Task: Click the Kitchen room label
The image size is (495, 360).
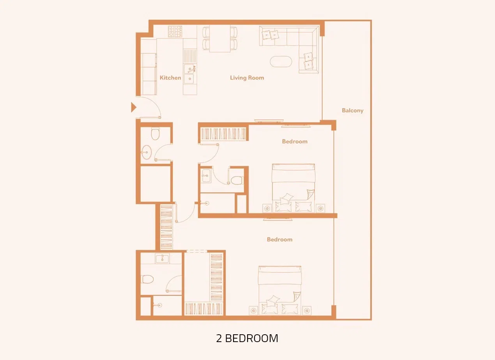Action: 170,78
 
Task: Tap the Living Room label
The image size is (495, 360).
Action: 247,78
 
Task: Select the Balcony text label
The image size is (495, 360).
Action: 352,111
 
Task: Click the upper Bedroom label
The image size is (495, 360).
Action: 295,141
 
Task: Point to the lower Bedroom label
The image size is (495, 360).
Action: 279,240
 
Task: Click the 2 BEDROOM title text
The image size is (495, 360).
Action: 247,338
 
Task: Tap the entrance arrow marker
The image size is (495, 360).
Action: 133,107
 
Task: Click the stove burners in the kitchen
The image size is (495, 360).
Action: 175,31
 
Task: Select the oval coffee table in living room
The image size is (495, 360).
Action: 281,62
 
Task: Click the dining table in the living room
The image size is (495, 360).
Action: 220,39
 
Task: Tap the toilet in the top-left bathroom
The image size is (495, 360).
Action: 155,134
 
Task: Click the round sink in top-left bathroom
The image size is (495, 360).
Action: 147,152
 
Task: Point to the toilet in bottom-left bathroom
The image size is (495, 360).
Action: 147,279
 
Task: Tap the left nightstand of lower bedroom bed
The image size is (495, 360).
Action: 254,311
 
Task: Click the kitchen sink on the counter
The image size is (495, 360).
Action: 189,74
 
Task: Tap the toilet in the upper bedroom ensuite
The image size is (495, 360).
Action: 236,180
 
